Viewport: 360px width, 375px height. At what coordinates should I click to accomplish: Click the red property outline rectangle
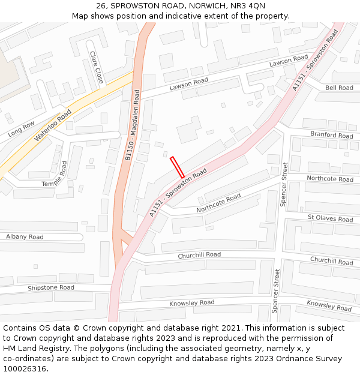tap(177, 167)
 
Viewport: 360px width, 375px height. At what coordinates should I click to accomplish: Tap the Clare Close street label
tap(96, 67)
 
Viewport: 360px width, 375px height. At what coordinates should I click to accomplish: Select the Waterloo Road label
tap(53, 125)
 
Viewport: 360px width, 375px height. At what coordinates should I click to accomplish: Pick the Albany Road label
tap(25, 237)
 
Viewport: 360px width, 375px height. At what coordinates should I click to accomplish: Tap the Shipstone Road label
tap(51, 288)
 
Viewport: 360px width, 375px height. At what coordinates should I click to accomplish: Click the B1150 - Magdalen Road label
tap(132, 125)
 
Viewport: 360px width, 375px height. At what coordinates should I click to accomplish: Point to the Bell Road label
tap(339, 88)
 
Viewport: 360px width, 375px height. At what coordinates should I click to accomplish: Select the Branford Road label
tap(332, 135)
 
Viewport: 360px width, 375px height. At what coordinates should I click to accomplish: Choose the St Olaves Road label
tap(330, 218)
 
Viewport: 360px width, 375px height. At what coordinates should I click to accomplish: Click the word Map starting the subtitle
tap(80, 16)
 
